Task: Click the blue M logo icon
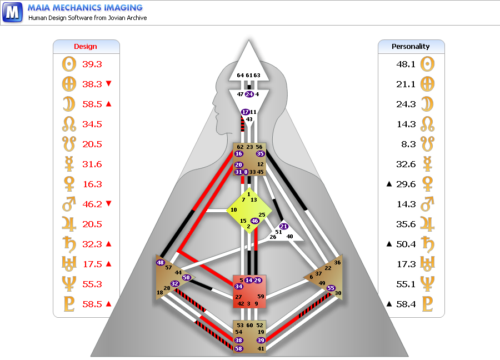point(12,12)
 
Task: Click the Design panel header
point(86,47)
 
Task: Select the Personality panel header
point(411,47)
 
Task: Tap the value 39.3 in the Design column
point(92,64)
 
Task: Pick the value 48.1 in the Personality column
point(406,64)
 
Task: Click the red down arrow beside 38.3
point(108,84)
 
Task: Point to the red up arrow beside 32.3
point(108,243)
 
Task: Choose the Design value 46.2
point(92,204)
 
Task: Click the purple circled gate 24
point(249,94)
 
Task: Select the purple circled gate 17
point(246,112)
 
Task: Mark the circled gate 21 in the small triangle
point(284,226)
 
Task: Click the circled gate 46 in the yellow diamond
point(255,221)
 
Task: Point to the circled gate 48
point(161,262)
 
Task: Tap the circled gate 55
point(331,288)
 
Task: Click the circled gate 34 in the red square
point(239,287)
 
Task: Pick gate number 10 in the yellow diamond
point(234,210)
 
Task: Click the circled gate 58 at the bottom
point(239,349)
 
